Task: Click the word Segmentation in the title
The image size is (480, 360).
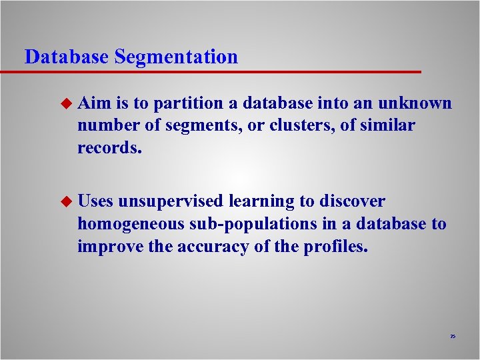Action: [x=176, y=57]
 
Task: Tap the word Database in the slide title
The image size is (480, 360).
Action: [x=66, y=57]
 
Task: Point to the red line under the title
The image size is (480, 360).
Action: [x=220, y=71]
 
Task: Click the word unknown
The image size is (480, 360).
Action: [x=414, y=103]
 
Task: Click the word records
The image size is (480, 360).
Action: [x=110, y=147]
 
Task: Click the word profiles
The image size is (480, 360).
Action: [x=332, y=246]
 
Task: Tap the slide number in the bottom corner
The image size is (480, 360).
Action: [x=452, y=337]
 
